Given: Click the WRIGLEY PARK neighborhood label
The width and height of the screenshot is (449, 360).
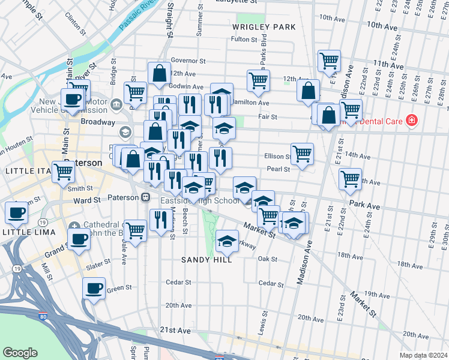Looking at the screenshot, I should pyautogui.click(x=264, y=27).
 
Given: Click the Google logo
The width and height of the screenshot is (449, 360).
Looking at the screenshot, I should pyautogui.click(x=20, y=353).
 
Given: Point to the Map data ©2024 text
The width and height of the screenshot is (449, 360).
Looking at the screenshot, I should pyautogui.click(x=423, y=355).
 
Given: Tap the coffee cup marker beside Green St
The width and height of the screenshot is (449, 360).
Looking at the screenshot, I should pyautogui.click(x=94, y=289).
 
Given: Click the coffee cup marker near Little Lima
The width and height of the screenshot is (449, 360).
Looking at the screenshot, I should pyautogui.click(x=16, y=212).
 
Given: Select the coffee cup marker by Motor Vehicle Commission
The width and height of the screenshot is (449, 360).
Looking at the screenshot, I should pyautogui.click(x=73, y=100).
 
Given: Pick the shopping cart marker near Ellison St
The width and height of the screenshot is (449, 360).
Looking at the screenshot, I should pyautogui.click(x=302, y=153).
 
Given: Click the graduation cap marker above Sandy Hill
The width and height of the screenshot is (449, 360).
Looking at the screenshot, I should pyautogui.click(x=227, y=242).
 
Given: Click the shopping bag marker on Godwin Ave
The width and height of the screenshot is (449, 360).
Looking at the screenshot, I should pyautogui.click(x=160, y=74).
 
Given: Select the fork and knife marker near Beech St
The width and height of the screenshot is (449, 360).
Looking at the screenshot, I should pyautogui.click(x=159, y=220).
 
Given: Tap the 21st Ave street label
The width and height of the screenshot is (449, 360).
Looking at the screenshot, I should pyautogui.click(x=175, y=331).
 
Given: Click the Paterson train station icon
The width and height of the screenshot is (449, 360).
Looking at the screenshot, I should pyautogui.click(x=145, y=197).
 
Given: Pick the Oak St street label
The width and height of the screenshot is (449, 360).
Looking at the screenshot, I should pyautogui.click(x=267, y=259).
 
